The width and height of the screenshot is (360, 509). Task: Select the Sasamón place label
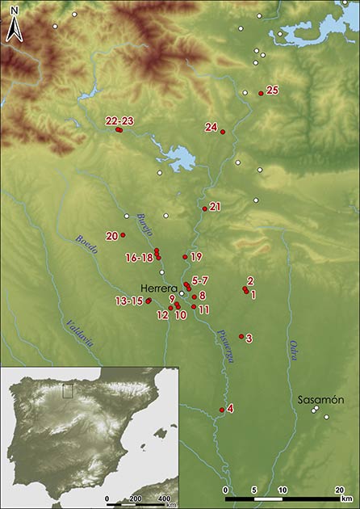(320, 400)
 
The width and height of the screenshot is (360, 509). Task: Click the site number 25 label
(272, 90)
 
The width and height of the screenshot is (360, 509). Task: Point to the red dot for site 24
(223, 132)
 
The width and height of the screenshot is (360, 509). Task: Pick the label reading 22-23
(119, 120)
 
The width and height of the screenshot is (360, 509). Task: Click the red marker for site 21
(204, 209)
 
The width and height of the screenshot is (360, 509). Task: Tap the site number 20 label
(111, 236)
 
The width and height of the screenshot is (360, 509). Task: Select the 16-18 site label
(139, 258)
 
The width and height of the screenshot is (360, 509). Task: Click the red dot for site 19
(186, 257)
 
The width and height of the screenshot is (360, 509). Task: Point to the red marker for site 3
(241, 336)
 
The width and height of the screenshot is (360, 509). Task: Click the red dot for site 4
(222, 410)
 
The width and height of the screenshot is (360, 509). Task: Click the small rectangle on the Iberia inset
(68, 391)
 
